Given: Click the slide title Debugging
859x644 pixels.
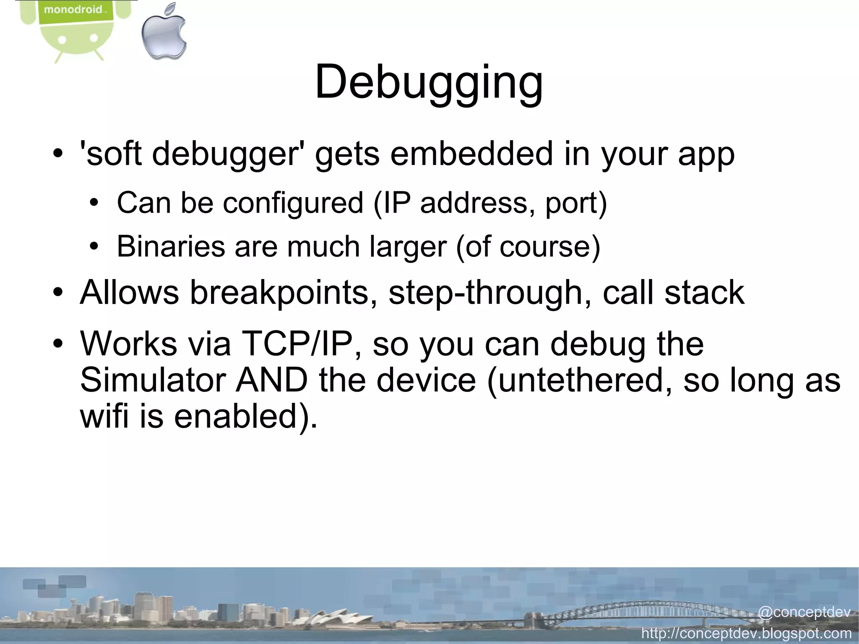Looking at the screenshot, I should click(429, 82).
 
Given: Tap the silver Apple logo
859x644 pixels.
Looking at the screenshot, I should click(164, 32).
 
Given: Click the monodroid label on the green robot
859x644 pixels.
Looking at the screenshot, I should click(73, 9).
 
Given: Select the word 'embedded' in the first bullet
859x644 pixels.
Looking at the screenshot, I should click(471, 154).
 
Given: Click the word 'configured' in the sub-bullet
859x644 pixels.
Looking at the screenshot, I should click(293, 203).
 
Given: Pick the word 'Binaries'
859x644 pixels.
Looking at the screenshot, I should click(171, 246).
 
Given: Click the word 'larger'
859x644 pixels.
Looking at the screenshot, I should click(408, 247).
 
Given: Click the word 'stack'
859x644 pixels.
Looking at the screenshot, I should click(704, 292).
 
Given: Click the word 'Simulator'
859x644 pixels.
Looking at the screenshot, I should click(153, 380).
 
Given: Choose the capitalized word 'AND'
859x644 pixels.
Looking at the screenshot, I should click(272, 380).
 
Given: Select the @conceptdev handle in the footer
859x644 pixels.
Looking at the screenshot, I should click(804, 612).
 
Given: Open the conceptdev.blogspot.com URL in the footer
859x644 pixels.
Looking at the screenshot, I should click(747, 633).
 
